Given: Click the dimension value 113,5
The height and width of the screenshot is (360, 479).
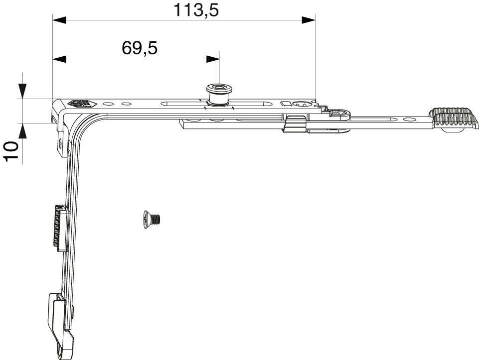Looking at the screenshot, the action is point(196,10).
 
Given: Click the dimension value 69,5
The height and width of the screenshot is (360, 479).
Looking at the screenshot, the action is point(140,48).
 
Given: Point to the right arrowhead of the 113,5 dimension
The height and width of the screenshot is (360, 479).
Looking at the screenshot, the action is point(309,20).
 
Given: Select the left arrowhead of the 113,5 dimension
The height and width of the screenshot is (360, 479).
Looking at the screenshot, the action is point(59,20).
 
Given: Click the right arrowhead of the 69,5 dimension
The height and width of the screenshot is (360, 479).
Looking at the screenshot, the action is point(213,59).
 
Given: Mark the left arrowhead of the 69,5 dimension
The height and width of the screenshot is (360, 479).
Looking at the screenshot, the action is point(59,59).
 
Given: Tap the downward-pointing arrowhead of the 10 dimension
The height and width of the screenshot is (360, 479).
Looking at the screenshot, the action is point(23,91).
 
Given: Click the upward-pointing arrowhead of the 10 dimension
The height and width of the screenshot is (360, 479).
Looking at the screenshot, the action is point(23,131).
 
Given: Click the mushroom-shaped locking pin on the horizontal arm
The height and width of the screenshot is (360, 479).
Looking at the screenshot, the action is point(219,95).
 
